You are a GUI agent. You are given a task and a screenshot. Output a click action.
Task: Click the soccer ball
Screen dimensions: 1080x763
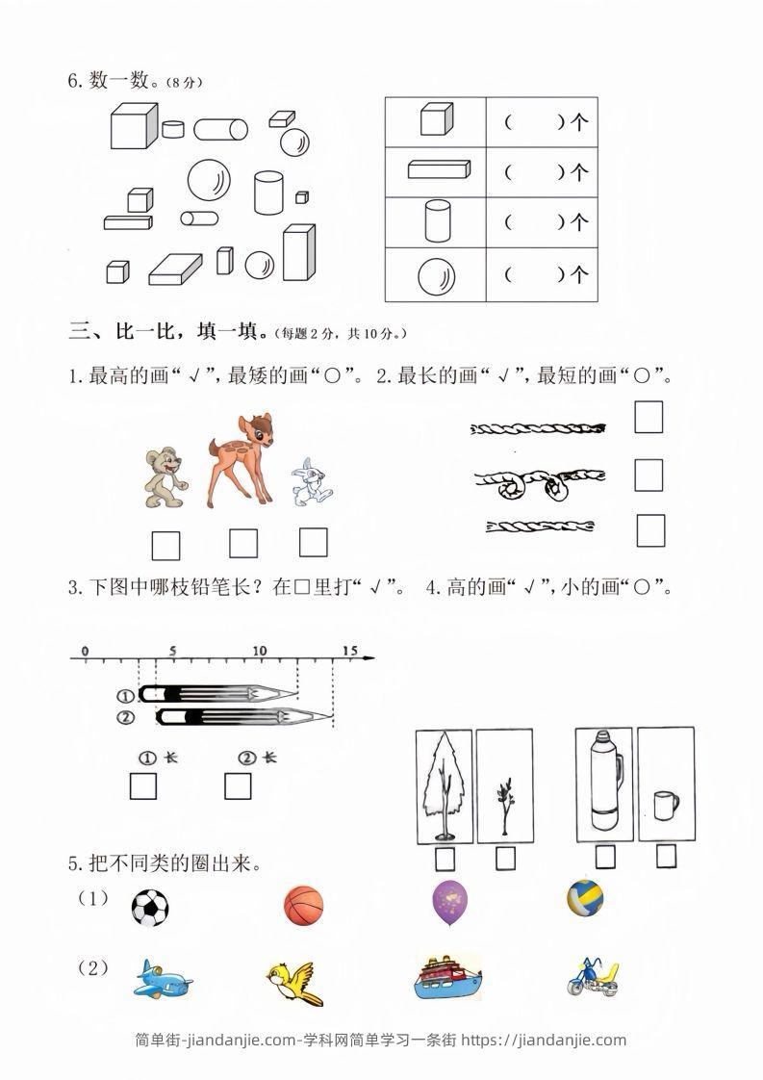[x=149, y=908]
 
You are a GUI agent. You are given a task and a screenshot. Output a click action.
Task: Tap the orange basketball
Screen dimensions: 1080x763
[x=304, y=907]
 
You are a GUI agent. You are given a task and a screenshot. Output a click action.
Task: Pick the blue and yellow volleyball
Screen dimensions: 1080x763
[x=585, y=898]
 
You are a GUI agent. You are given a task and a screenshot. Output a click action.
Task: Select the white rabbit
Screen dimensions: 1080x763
[x=310, y=482]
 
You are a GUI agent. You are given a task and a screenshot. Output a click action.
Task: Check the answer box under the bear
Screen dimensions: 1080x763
[x=165, y=546]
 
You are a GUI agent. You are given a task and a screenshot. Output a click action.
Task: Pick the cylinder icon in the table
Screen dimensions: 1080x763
[x=436, y=222]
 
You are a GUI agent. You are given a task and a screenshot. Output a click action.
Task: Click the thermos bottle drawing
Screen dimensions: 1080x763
[x=603, y=780]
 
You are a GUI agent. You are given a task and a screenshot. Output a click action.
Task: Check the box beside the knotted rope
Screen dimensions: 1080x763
[x=649, y=475]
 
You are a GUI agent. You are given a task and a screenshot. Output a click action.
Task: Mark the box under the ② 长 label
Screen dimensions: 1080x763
[x=238, y=786]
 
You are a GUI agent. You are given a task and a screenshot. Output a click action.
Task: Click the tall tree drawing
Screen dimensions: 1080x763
[x=445, y=784]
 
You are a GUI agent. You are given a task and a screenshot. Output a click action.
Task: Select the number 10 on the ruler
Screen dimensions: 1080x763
[x=260, y=652]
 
